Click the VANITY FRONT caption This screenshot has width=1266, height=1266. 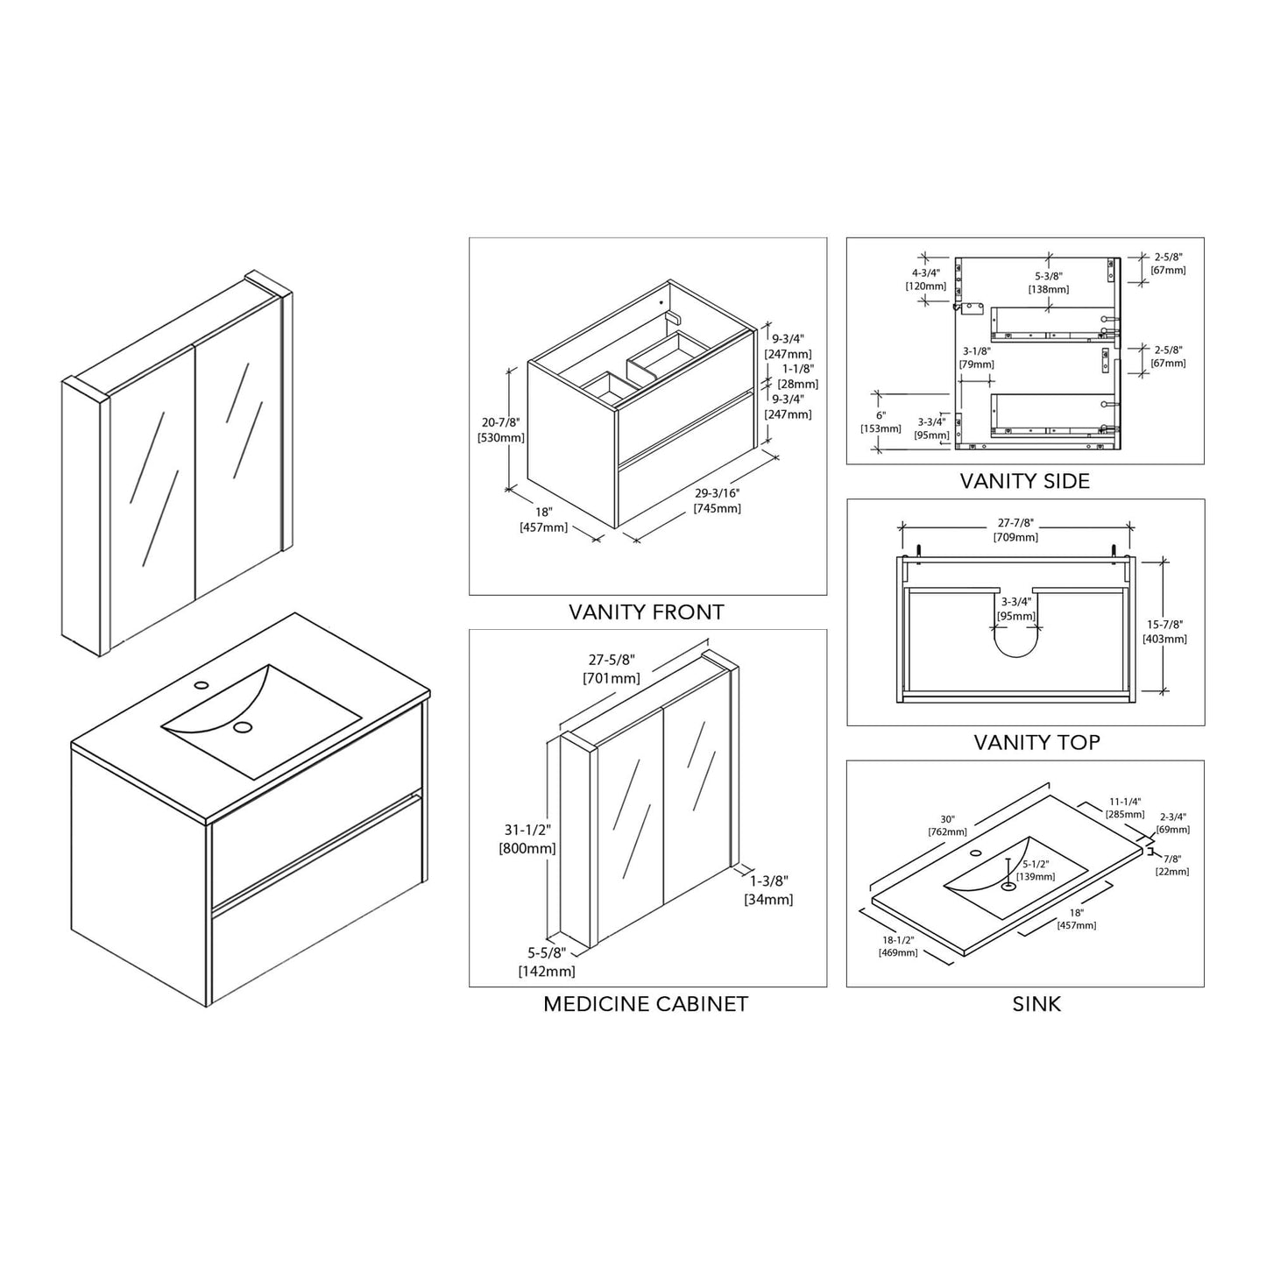647,612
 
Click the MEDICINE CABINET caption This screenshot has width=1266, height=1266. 646,1004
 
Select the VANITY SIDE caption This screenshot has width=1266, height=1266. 1024,481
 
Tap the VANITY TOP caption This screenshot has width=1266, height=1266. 1036,743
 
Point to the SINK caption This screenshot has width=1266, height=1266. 1036,1004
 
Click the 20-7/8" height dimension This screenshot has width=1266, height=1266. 501,422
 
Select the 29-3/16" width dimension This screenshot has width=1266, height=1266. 717,494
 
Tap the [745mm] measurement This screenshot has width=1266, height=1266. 717,509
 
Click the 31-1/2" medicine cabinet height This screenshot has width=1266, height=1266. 527,830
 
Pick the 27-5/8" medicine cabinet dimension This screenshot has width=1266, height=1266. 612,660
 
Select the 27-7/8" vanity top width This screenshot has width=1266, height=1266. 1015,522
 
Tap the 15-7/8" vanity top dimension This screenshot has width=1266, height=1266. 1164,625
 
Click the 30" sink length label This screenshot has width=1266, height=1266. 947,818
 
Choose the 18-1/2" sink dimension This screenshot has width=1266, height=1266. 898,940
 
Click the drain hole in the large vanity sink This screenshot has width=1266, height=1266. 243,726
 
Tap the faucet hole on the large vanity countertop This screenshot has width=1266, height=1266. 202,685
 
